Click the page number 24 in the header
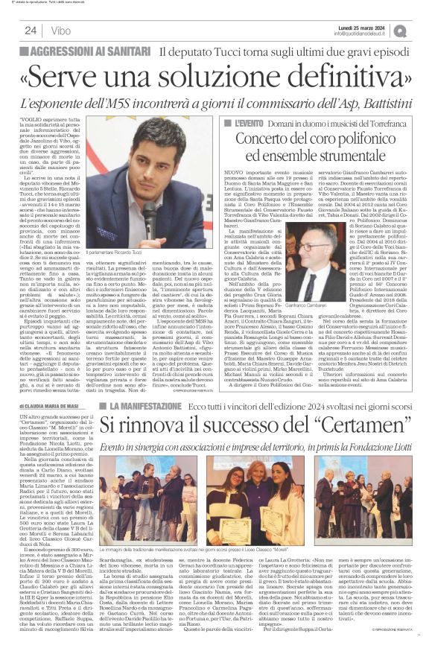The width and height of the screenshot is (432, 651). click(x=31, y=31)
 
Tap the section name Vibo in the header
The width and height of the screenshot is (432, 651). click(x=62, y=31)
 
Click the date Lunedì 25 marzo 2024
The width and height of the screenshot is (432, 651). click(x=363, y=26)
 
